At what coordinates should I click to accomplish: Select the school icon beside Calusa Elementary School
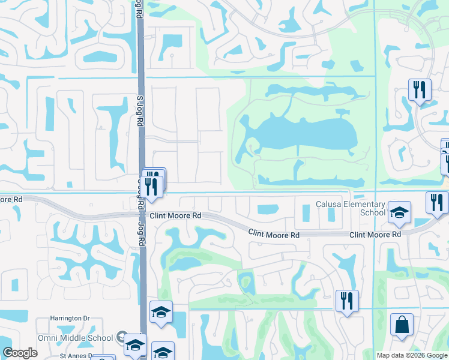(x=399, y=212)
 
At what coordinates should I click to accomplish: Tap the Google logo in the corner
(x=20, y=353)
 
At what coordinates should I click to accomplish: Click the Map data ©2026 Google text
(x=412, y=355)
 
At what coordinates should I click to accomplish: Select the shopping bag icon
(x=402, y=325)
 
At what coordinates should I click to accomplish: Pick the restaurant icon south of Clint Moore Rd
(x=347, y=301)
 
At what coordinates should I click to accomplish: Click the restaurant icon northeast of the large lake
(x=420, y=90)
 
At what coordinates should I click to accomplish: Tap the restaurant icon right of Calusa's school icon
(x=438, y=203)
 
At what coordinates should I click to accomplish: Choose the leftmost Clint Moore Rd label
(x=175, y=215)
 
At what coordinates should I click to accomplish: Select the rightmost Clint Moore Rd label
(x=375, y=235)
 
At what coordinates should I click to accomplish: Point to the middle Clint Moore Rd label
(x=274, y=235)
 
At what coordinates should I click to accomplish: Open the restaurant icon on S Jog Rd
(x=152, y=184)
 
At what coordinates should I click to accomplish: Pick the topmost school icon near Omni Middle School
(x=161, y=312)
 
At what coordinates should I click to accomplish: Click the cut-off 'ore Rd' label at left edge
(x=11, y=199)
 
